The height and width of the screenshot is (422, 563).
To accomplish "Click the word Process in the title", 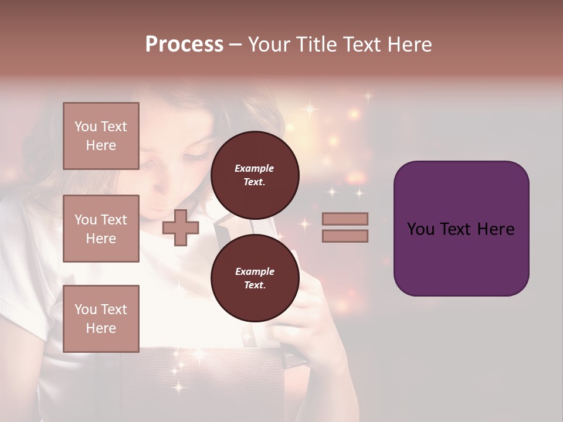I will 184,45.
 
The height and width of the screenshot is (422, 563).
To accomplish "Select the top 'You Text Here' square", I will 101,136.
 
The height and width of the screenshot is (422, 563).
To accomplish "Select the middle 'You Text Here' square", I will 101,229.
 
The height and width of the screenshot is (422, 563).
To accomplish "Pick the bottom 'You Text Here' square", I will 101,318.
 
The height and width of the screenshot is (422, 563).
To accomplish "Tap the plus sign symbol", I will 181,227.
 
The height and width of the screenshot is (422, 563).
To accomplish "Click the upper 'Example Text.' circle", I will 255,175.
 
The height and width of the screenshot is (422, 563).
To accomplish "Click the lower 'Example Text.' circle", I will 255,278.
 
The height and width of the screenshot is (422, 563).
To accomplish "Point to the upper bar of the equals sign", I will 345,219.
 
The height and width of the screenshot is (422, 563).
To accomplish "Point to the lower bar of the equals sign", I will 345,236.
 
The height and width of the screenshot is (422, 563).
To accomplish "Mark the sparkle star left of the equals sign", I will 304,223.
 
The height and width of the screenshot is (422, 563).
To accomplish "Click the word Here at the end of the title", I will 411,45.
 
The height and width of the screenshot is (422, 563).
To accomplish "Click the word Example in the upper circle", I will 255,168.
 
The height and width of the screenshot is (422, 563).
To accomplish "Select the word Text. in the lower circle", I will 255,285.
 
